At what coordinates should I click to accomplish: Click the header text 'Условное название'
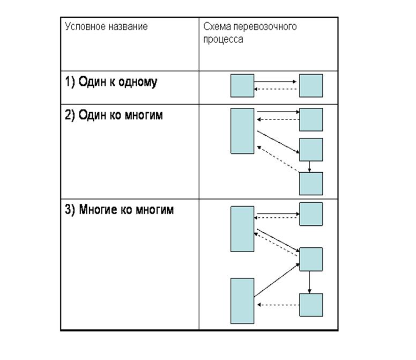[106, 26]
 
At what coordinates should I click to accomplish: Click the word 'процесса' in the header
[223, 39]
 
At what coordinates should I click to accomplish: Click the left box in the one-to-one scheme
[242, 85]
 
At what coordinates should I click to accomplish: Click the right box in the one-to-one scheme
[311, 85]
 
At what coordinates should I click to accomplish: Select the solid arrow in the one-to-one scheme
[276, 82]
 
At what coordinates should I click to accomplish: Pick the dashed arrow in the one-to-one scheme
[276, 89]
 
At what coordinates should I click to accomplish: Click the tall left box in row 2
[242, 131]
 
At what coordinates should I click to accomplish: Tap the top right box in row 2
[311, 119]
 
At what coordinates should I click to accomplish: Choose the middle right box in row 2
[311, 150]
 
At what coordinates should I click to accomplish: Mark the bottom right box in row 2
[311, 183]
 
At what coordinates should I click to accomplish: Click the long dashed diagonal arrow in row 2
[278, 158]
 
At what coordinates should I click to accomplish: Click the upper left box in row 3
[242, 229]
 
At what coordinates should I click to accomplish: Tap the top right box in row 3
[311, 214]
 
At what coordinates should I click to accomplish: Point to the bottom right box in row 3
[311, 305]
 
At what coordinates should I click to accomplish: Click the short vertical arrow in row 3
[310, 282]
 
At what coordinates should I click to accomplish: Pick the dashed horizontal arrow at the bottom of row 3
[278, 305]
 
